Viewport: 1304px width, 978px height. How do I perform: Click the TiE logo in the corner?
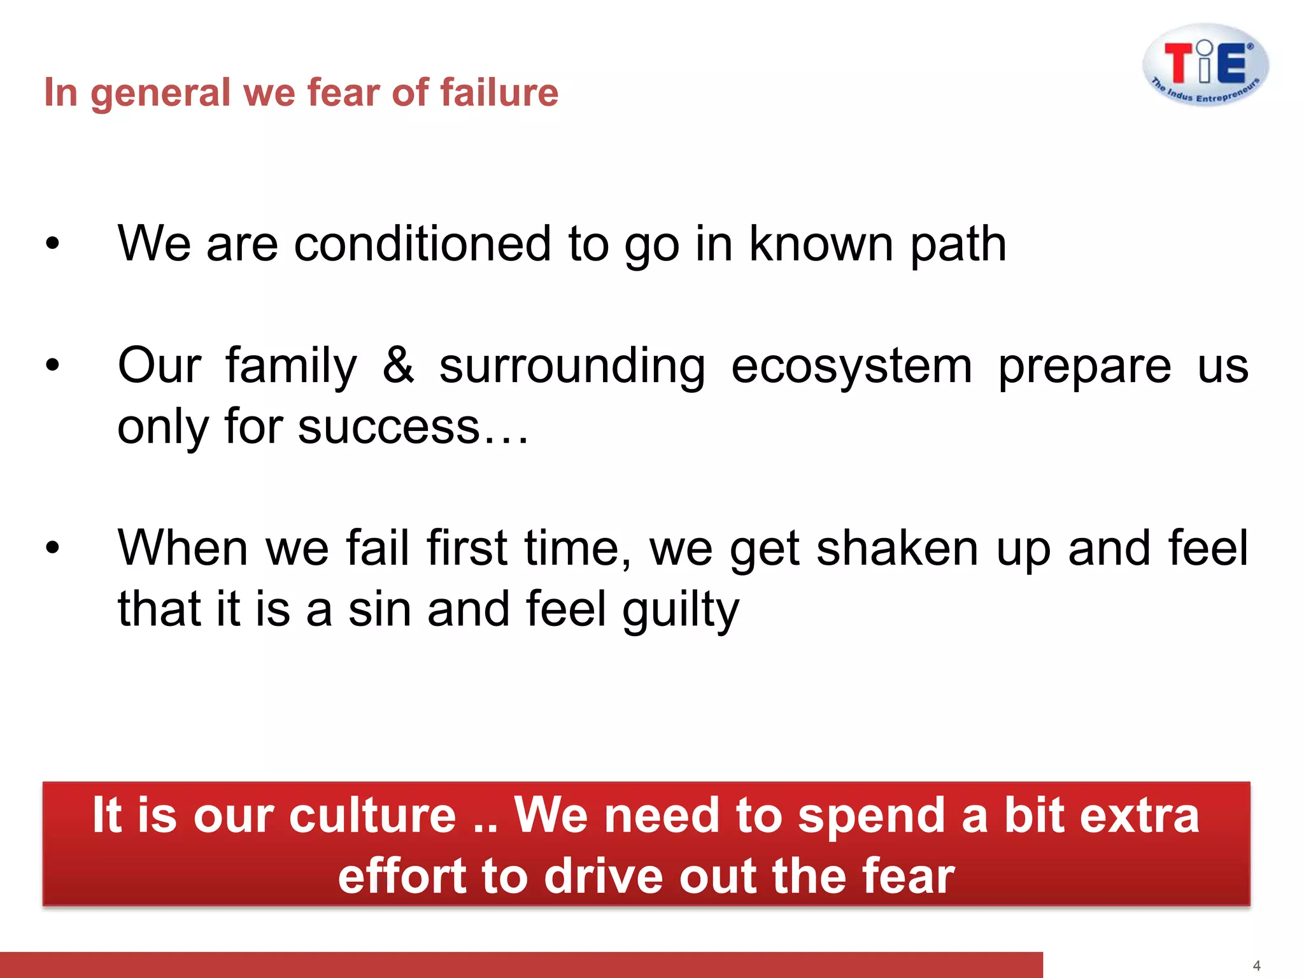tap(1205, 65)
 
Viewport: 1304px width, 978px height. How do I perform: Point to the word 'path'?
tap(958, 245)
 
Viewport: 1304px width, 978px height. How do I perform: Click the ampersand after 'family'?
tap(398, 365)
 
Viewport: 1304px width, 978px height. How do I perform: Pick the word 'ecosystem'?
tap(851, 368)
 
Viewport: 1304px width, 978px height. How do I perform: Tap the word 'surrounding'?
tap(572, 368)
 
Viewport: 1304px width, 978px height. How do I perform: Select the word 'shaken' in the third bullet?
tap(896, 548)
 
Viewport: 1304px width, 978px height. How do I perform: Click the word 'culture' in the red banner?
tap(372, 816)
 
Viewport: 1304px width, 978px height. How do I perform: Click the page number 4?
tap(1256, 966)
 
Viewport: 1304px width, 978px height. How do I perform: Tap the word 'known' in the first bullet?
tap(821, 244)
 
